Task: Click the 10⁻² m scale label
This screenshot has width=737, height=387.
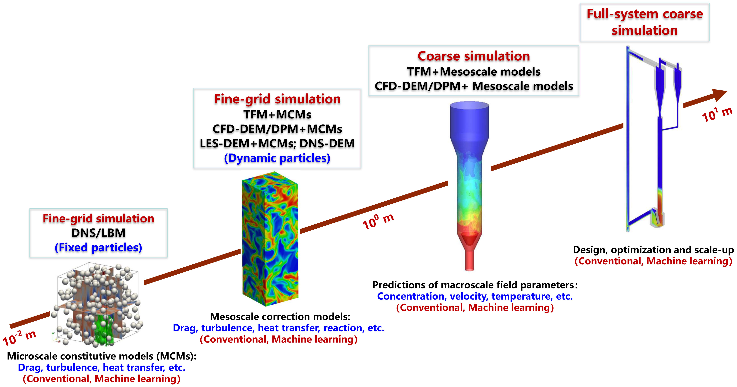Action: click(19, 338)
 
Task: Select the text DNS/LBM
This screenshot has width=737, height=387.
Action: click(98, 233)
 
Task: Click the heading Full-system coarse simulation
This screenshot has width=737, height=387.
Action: click(644, 22)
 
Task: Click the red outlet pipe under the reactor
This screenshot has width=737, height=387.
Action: click(469, 259)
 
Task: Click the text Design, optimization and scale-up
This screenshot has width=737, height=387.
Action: click(653, 250)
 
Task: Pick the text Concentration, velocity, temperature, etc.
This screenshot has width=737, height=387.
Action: click(475, 296)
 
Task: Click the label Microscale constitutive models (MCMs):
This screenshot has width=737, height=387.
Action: click(102, 356)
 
